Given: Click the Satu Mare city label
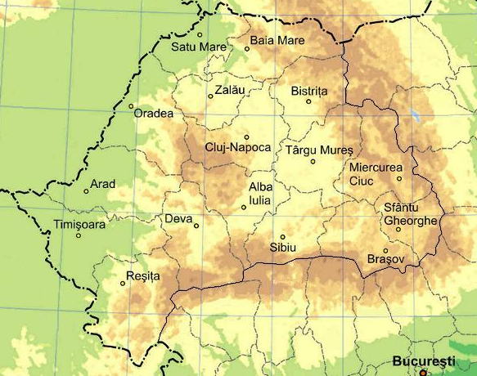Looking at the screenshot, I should tap(198, 47).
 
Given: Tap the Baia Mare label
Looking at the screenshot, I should tap(277, 40).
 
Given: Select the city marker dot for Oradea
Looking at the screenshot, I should tap(131, 105).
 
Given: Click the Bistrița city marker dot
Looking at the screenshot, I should tap(308, 101).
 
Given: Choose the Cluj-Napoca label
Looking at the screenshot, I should tap(237, 148).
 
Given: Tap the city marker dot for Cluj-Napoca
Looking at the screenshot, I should tap(246, 137).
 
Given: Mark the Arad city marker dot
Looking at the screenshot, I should tap(87, 191).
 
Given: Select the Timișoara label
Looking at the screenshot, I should tap(79, 224).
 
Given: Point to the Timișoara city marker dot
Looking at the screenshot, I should tap(79, 235).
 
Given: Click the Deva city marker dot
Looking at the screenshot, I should tap(196, 226).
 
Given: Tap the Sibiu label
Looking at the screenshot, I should tap(281, 248).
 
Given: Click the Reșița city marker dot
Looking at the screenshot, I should tap(123, 284).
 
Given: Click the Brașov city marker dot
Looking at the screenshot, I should tap(385, 250).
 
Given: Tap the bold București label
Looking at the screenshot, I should tap(422, 360).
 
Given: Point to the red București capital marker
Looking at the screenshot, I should tap(423, 372).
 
